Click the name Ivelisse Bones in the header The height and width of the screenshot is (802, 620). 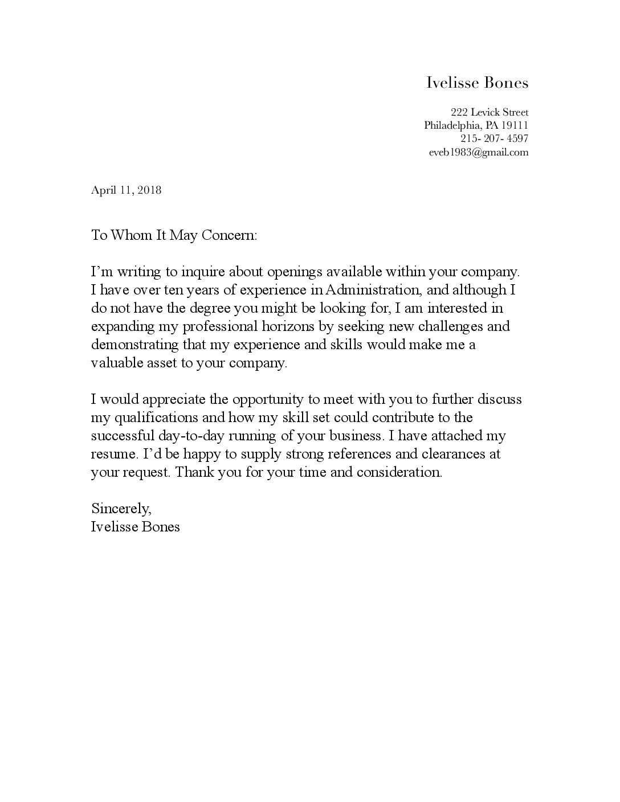click(478, 83)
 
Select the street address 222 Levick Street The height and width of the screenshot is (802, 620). click(490, 112)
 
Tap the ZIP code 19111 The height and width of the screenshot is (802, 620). click(515, 125)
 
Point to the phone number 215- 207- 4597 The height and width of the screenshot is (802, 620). click(494, 138)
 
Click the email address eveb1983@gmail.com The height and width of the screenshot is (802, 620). click(479, 152)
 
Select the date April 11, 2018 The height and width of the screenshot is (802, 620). click(126, 190)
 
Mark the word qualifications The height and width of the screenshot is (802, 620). click(162, 418)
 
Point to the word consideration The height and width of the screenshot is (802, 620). click(399, 472)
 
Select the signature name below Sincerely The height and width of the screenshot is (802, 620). click(135, 526)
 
